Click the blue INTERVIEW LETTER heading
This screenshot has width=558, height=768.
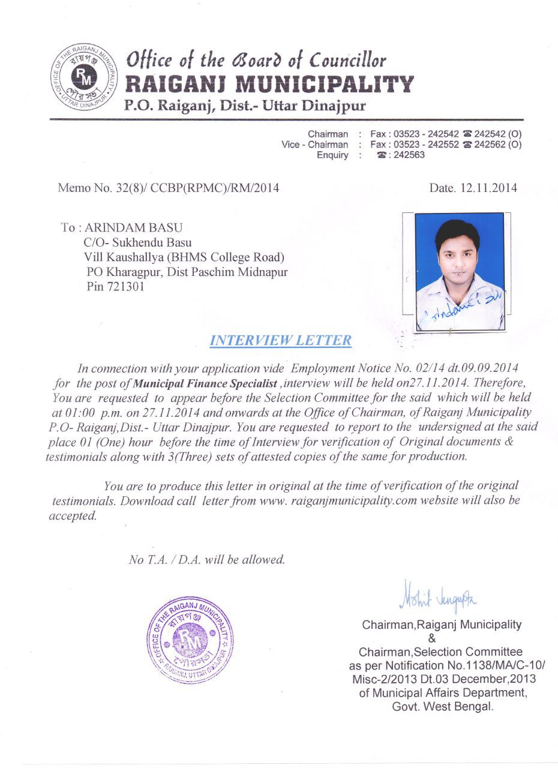[x=281, y=340]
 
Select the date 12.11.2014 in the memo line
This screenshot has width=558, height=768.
[x=488, y=188]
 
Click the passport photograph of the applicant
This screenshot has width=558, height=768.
[x=460, y=271]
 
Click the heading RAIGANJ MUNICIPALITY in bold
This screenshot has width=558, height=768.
[x=268, y=84]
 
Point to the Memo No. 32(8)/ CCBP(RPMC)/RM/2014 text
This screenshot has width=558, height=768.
[x=168, y=188]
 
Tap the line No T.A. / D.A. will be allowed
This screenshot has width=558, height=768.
[x=207, y=560]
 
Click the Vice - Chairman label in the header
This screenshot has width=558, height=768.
[x=314, y=145]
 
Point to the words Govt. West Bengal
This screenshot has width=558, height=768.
[x=443, y=706]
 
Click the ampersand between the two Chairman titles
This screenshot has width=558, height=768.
[x=442, y=638]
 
